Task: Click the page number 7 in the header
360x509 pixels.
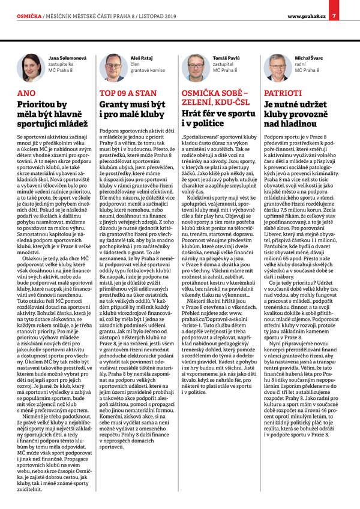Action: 334,16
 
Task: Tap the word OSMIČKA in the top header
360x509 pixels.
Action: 28,16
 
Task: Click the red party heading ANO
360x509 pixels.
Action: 28,94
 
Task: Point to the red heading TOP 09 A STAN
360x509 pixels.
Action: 128,94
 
